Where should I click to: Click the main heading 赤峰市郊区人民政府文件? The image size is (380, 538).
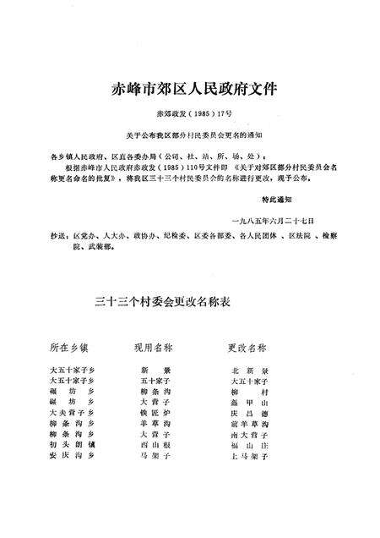click(x=189, y=88)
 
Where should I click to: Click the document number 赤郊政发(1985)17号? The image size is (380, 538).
click(x=189, y=112)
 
